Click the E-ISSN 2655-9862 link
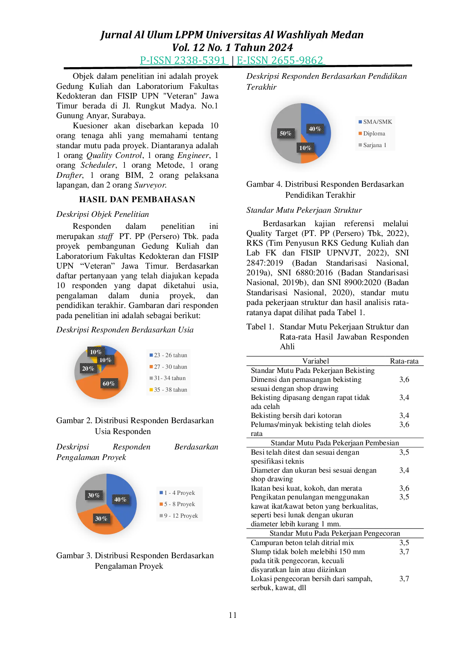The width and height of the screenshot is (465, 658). click(x=280, y=60)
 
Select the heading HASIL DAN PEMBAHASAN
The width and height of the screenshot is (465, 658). click(x=137, y=200)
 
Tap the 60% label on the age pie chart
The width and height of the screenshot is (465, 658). click(x=109, y=383)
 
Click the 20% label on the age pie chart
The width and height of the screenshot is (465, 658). click(x=88, y=368)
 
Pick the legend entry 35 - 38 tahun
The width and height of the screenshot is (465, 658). click(x=168, y=390)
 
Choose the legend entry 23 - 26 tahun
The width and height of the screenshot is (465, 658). click(x=168, y=355)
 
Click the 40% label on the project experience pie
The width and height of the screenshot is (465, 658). click(x=120, y=499)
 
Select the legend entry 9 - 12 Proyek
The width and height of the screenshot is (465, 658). click(x=179, y=516)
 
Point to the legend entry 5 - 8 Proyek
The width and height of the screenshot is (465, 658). click(x=177, y=504)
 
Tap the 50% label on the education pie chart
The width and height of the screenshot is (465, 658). click(x=286, y=133)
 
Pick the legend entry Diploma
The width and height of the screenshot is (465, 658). click(x=372, y=134)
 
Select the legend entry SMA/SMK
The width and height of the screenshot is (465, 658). click(x=375, y=122)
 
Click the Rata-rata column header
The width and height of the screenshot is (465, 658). click(x=404, y=361)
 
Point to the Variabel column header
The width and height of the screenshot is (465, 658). click(x=316, y=361)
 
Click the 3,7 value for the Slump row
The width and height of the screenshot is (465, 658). click(x=404, y=552)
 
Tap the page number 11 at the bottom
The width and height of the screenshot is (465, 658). click(x=232, y=615)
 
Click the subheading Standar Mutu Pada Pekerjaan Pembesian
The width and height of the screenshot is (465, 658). click(x=335, y=443)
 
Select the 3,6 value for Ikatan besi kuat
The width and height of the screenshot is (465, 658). click(x=404, y=488)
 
